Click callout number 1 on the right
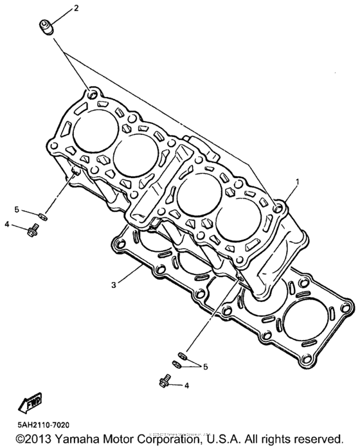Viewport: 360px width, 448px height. [x=298, y=182]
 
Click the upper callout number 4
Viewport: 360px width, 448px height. [x=6, y=224]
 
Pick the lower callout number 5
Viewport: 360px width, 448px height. [x=206, y=366]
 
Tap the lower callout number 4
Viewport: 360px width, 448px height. [x=186, y=386]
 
